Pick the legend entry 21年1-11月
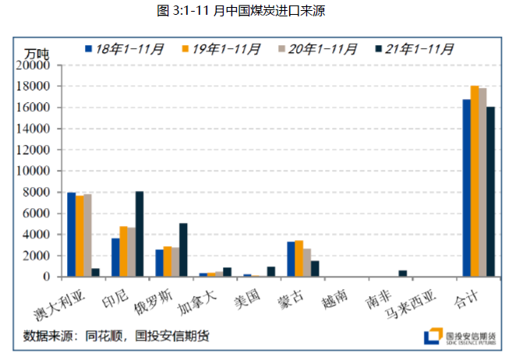pos(414,49)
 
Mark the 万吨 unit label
pos(36,54)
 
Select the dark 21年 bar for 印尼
pos(139,234)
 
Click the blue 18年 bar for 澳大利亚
pos(71,235)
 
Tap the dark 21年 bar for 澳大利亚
pos(96,273)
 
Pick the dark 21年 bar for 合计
pos(490,192)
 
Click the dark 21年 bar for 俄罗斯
pos(183,249)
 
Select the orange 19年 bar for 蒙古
pos(298,259)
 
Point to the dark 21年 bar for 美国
pos(270,272)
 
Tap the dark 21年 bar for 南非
pos(403,274)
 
